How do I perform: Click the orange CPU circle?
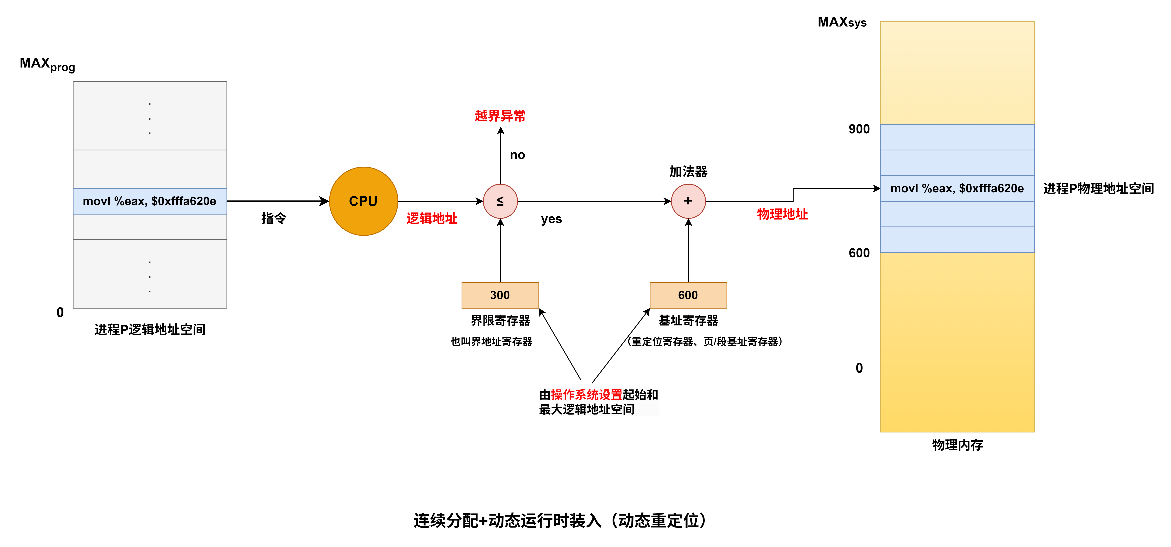363,201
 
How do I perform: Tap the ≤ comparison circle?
500,201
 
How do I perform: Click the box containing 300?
500,295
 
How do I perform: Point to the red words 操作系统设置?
586,395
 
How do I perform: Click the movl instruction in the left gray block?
150,201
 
